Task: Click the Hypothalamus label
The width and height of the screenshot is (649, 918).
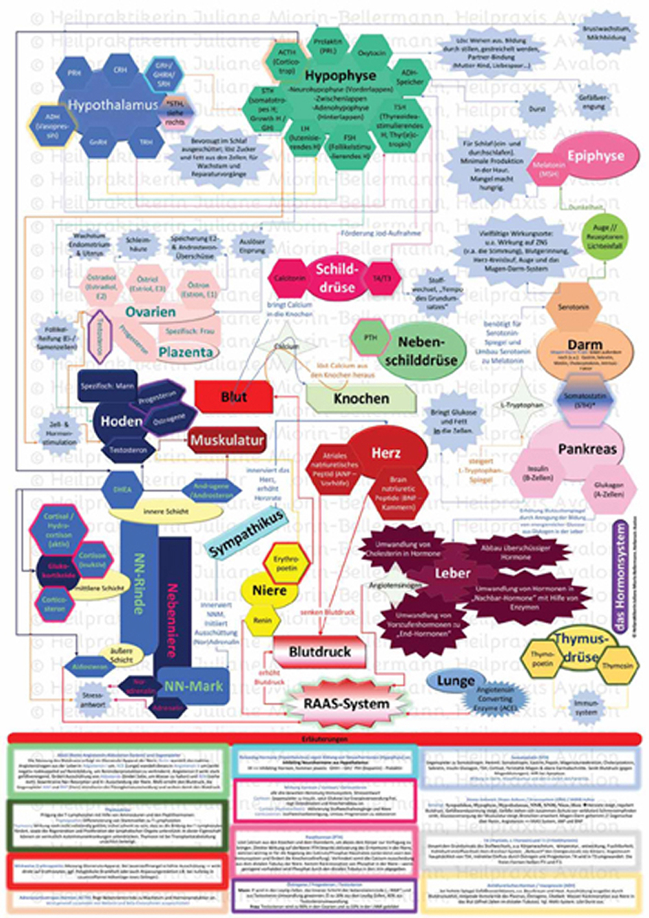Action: [x=112, y=105]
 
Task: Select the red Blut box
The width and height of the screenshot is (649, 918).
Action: [x=234, y=397]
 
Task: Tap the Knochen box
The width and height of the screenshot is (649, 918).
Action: [x=361, y=399]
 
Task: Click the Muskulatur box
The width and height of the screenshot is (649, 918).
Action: [x=227, y=440]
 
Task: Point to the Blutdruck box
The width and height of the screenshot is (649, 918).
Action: [x=319, y=652]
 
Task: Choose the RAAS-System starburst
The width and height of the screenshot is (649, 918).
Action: [x=347, y=704]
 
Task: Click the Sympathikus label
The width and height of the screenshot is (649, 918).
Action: [x=246, y=534]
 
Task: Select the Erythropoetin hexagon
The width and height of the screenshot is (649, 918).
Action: [x=286, y=563]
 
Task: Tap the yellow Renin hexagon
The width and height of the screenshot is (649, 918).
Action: [x=262, y=621]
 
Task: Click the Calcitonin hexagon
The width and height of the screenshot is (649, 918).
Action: [x=289, y=278]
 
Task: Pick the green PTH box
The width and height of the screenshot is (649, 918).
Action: [x=370, y=338]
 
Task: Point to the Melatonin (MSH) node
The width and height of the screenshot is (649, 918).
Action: [x=548, y=169]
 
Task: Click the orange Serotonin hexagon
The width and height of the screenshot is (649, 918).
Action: [x=573, y=306]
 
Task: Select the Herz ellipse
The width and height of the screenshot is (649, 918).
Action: [x=386, y=453]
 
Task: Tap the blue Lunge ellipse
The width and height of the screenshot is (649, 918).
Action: [x=455, y=680]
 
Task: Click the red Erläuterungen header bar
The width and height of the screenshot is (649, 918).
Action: [x=324, y=739]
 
